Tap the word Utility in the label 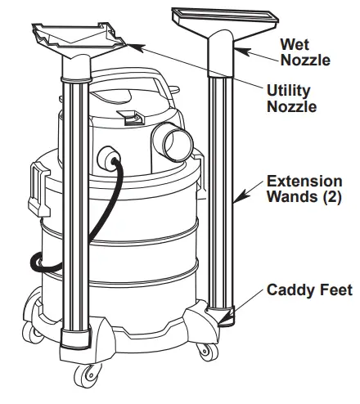click(x=286, y=89)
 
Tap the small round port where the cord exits click(x=107, y=157)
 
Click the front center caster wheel click(x=84, y=377)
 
